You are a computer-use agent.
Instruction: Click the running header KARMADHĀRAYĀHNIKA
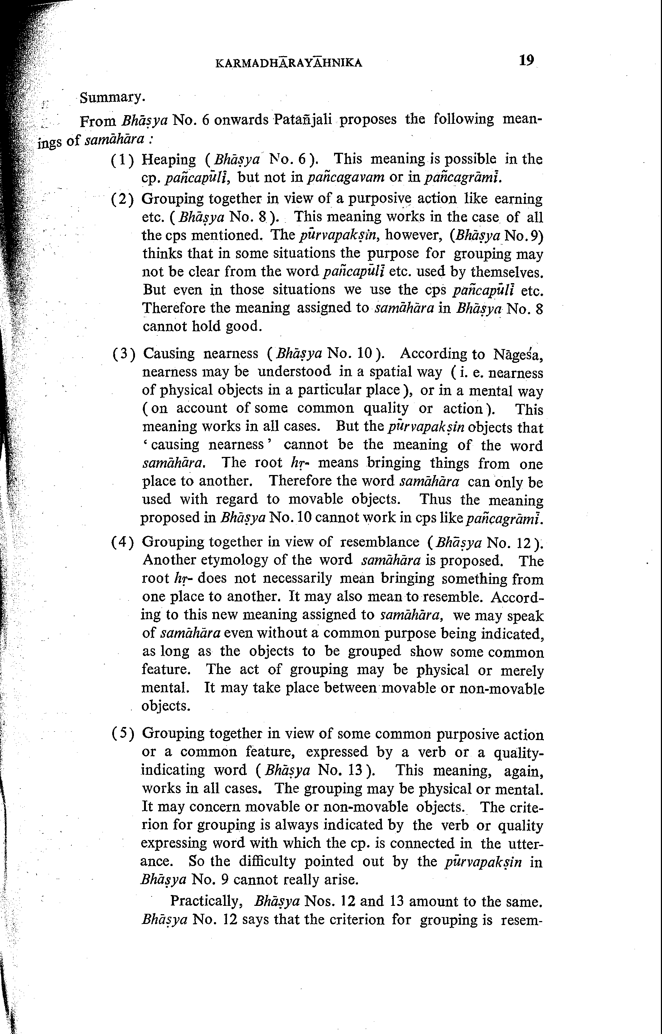click(288, 64)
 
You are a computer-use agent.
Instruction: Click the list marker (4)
click(123, 542)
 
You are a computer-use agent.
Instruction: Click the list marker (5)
click(123, 734)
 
